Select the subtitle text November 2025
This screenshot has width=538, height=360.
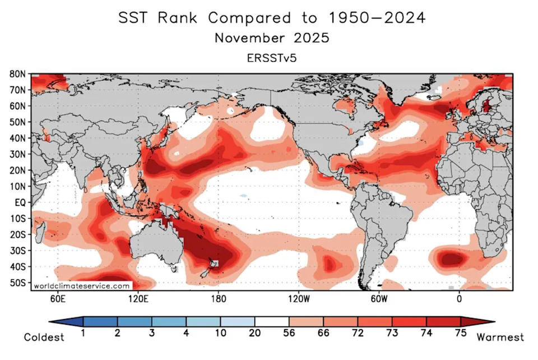[272, 39]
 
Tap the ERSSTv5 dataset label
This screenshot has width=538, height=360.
[272, 58]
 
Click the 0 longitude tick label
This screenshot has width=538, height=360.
[459, 299]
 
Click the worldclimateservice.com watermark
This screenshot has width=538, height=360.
[82, 286]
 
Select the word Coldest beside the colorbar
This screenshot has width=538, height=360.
[44, 337]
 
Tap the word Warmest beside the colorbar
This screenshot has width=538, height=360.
[500, 337]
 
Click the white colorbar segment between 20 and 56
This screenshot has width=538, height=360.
[272, 321]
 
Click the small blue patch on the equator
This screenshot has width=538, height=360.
[243, 196]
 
